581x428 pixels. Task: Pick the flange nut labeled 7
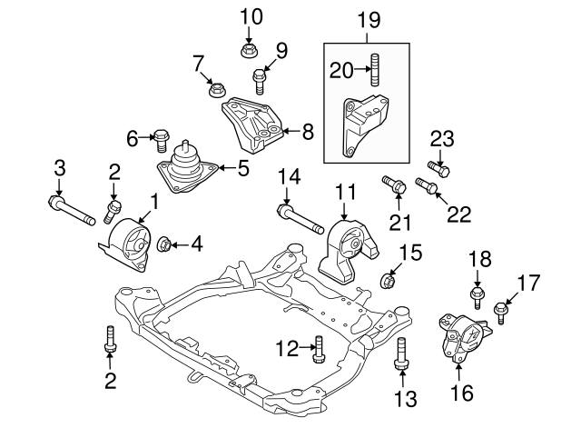coord(216,89)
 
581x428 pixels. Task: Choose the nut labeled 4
coord(165,244)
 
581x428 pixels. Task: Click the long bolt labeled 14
coord(299,219)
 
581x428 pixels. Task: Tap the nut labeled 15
coord(386,279)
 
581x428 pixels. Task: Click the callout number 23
coord(441,139)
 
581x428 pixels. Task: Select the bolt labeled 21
coord(395,185)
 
